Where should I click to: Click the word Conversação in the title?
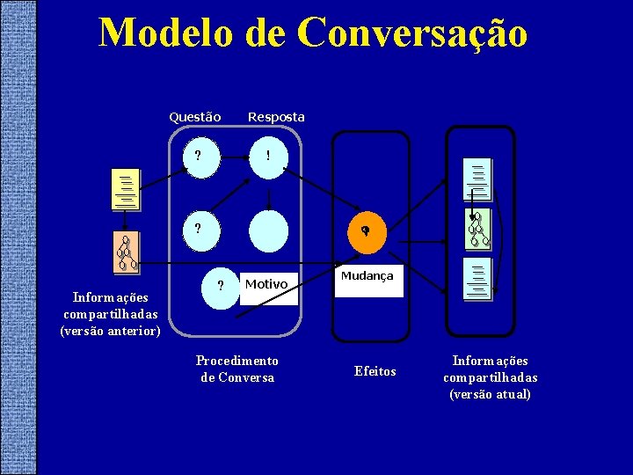point(412,33)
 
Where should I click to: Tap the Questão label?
point(194,117)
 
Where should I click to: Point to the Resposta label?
point(276,117)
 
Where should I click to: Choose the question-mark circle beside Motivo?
point(219,286)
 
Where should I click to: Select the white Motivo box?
point(269,285)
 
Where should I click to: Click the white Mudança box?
point(367,281)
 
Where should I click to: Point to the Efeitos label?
point(375,371)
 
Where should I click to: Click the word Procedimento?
point(236,361)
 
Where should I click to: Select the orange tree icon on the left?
point(127,252)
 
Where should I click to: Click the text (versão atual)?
point(490,394)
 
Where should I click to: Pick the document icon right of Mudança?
point(478,279)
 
